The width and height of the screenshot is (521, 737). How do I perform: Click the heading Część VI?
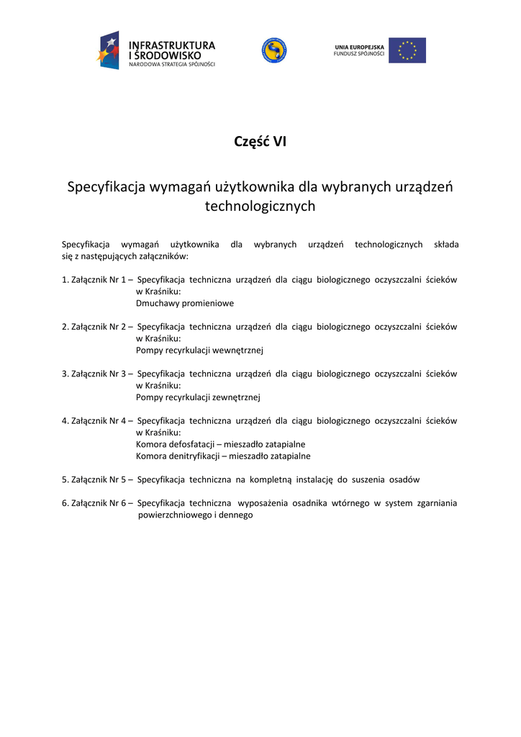260,142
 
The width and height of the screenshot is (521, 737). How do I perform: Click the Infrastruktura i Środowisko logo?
156,50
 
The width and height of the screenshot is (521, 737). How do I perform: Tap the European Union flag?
407,50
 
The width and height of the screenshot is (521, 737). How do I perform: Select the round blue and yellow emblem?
273,50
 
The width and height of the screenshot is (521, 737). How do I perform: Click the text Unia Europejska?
359,48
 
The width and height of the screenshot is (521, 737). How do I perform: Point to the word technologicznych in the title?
260,207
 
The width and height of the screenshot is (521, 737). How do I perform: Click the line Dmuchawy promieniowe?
184,304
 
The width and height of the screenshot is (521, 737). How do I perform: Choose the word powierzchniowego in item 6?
172,515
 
